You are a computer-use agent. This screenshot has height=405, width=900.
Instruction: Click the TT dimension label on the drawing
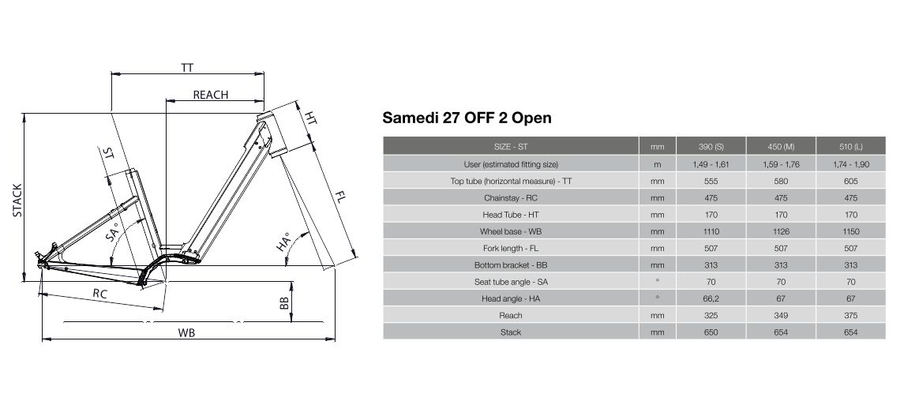(187, 67)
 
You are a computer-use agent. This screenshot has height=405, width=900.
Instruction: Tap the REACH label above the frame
(210, 95)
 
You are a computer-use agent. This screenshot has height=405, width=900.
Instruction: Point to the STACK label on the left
(17, 201)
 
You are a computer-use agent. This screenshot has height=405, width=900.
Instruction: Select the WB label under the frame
(186, 332)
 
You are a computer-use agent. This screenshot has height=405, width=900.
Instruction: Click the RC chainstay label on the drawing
(100, 293)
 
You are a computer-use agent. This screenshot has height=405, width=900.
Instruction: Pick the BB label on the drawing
(283, 303)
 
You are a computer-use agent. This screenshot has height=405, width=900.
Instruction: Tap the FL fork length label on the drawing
(339, 199)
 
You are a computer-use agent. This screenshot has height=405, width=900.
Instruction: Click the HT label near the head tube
(310, 118)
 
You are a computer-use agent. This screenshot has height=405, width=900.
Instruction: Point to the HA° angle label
(283, 242)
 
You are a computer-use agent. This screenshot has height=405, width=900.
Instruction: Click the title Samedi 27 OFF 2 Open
(467, 118)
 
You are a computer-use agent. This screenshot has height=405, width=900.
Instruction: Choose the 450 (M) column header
(781, 147)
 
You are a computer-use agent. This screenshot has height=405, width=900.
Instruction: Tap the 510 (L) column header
(850, 147)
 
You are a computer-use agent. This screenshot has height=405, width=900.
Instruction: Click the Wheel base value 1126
(781, 232)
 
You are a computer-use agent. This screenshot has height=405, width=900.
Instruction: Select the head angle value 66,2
(711, 299)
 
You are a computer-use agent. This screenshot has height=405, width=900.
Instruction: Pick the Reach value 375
(850, 316)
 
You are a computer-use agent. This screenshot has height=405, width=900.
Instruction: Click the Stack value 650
(711, 332)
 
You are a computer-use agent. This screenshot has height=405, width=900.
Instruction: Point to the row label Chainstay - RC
(511, 198)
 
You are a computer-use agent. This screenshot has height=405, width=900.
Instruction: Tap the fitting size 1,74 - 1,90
(850, 165)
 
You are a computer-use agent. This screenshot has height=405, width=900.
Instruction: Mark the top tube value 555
(711, 182)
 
